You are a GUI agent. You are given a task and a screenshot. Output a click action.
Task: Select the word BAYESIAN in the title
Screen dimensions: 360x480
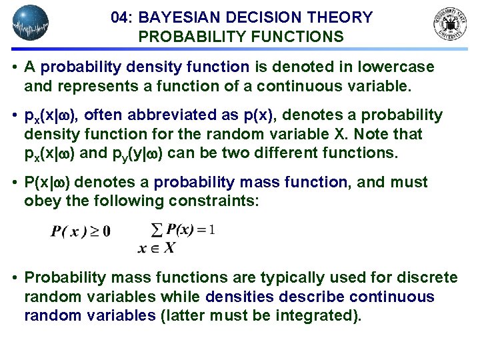179,18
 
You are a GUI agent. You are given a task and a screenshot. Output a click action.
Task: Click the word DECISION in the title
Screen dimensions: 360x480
263,18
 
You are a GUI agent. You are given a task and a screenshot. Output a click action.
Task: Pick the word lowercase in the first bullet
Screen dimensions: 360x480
397,67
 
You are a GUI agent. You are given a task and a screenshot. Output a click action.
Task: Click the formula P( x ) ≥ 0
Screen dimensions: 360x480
81,232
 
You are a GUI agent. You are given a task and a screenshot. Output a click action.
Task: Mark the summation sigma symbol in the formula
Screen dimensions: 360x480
157,230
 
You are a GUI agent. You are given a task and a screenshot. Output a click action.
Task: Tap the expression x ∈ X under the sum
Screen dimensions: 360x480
156,248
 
